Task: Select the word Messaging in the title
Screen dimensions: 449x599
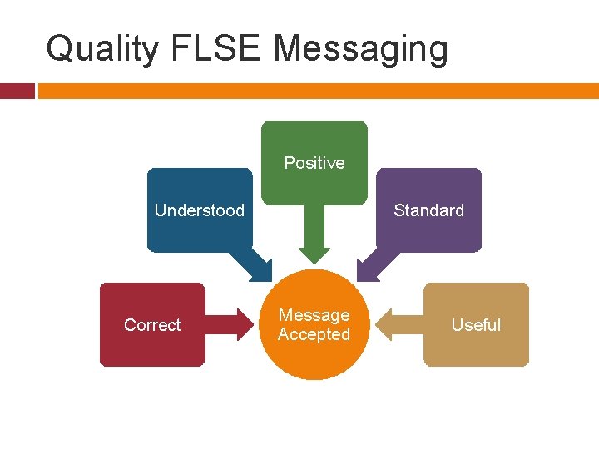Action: click(x=360, y=50)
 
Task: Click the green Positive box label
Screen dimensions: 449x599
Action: click(x=314, y=163)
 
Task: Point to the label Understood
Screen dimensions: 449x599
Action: click(x=200, y=210)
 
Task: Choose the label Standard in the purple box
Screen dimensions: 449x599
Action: click(x=428, y=210)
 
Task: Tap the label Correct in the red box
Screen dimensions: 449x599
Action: click(x=152, y=325)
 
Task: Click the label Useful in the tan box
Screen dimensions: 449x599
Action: click(x=476, y=325)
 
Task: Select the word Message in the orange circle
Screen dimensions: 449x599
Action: click(x=314, y=315)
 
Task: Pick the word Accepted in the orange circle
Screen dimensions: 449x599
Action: click(x=314, y=334)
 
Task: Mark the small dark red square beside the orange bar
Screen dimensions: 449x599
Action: click(x=17, y=91)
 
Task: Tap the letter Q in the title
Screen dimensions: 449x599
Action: click(x=59, y=48)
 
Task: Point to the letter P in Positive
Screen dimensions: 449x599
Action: click(x=289, y=163)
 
